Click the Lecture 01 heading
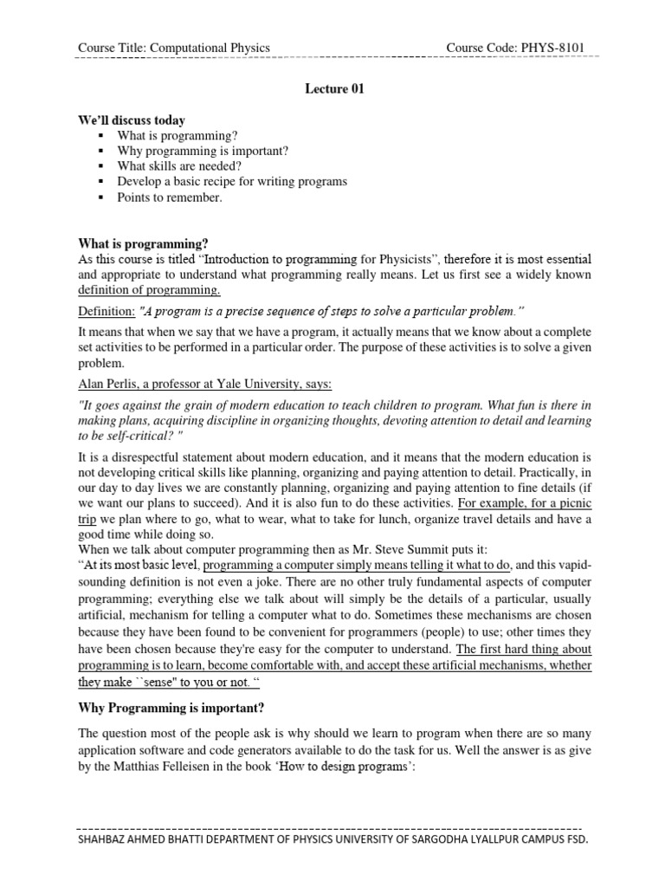[x=332, y=88]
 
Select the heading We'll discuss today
[x=132, y=120]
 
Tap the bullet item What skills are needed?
[x=180, y=165]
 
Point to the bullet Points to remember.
[x=170, y=197]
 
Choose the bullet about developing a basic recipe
[x=232, y=181]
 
